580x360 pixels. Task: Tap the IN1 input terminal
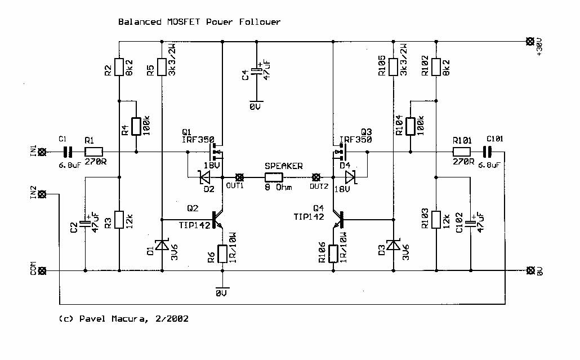pyautogui.click(x=42, y=152)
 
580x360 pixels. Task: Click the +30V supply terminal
pyautogui.click(x=529, y=41)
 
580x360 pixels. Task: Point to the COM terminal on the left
pyautogui.click(x=42, y=270)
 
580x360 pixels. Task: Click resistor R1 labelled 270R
pyautogui.click(x=93, y=152)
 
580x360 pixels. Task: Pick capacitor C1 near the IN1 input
pyautogui.click(x=68, y=152)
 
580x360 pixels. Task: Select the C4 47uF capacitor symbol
pyautogui.click(x=257, y=71)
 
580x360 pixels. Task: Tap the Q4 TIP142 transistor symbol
pyautogui.click(x=338, y=219)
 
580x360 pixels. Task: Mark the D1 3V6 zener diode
pyautogui.click(x=162, y=245)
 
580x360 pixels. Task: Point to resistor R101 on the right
pyautogui.click(x=462, y=152)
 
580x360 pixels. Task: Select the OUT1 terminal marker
pyautogui.click(x=239, y=176)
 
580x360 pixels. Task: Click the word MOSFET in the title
pyautogui.click(x=172, y=22)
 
